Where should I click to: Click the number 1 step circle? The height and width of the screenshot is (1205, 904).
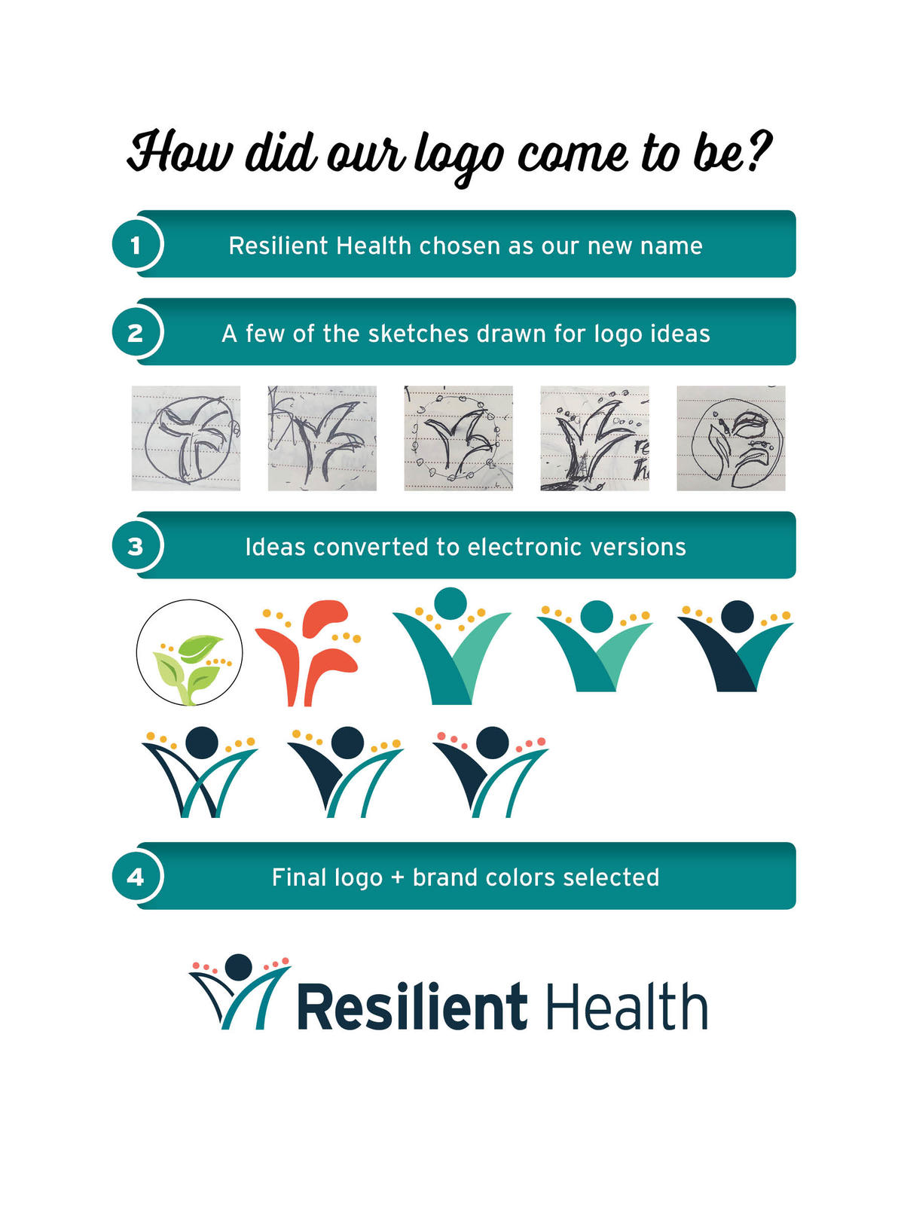136,245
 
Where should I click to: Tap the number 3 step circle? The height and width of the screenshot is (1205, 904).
136,546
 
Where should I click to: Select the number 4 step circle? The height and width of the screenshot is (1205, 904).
136,877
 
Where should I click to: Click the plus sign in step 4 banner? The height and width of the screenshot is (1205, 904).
397,878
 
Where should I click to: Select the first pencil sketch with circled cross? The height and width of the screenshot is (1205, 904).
186,438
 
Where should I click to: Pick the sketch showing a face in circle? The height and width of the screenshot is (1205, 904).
731,438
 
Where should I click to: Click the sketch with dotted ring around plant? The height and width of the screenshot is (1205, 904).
458,438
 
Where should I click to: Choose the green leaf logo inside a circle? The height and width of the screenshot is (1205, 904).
189,652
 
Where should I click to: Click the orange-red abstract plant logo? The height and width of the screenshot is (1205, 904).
309,652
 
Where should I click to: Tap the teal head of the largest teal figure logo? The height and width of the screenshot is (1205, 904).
450,603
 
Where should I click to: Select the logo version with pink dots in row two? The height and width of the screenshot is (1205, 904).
490,772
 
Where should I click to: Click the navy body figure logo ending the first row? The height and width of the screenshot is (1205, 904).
736,646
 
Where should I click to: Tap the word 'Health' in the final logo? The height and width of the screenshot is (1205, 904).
626,1007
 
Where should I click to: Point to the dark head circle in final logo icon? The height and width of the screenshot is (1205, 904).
239,966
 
